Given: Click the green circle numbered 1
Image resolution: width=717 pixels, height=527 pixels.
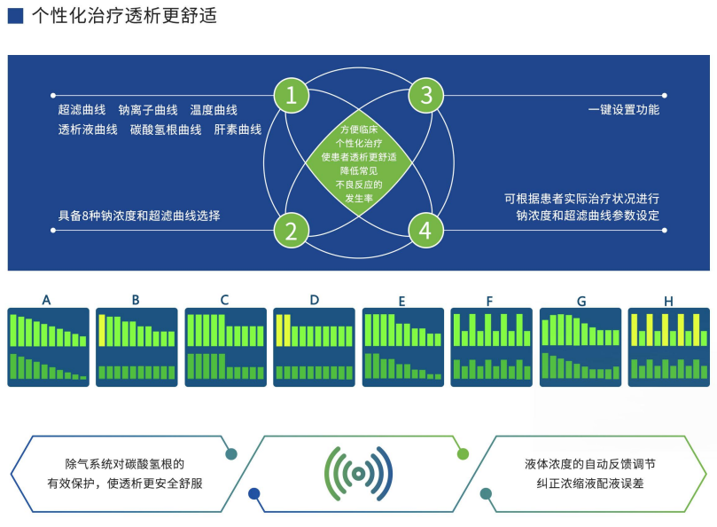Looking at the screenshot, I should click(x=292, y=96).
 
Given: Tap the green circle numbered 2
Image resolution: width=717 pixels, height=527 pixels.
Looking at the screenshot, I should click(x=292, y=231).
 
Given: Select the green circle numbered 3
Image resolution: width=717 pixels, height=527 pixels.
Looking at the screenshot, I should click(x=426, y=96).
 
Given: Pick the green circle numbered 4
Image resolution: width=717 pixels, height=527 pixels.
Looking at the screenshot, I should click(x=426, y=231).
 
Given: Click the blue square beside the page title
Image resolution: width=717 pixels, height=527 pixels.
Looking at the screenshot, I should click(x=15, y=15).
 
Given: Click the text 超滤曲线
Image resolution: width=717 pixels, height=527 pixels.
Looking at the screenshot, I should click(x=82, y=110).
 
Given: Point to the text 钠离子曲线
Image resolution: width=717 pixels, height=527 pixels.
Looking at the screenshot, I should click(x=148, y=110).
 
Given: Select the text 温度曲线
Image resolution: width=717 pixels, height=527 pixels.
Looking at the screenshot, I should click(x=214, y=110).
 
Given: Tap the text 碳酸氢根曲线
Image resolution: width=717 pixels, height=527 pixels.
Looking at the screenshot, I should click(x=166, y=130).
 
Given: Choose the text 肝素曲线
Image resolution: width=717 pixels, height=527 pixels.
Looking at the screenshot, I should click(x=238, y=130).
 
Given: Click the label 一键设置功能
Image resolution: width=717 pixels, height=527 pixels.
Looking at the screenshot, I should click(x=623, y=110).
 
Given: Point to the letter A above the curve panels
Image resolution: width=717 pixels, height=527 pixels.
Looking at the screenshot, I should click(x=46, y=300).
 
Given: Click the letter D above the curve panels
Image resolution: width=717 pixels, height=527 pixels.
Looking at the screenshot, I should click(x=314, y=300).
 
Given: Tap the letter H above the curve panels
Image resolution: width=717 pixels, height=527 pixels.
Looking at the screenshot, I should click(x=668, y=300).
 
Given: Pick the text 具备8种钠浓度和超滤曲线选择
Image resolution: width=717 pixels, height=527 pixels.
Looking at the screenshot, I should click(x=139, y=216).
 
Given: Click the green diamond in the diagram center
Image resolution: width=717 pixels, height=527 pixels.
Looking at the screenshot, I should click(x=359, y=163).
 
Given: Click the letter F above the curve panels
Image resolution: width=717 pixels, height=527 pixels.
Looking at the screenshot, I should click(x=490, y=301).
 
